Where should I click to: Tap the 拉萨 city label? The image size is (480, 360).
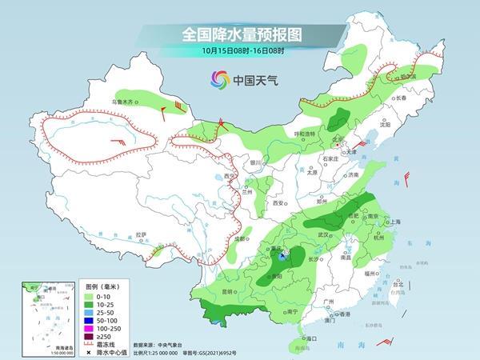(142, 234)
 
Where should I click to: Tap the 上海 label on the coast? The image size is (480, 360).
(394, 222)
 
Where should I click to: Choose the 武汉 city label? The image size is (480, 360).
(323, 234)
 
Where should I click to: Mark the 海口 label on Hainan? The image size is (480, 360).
(303, 339)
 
